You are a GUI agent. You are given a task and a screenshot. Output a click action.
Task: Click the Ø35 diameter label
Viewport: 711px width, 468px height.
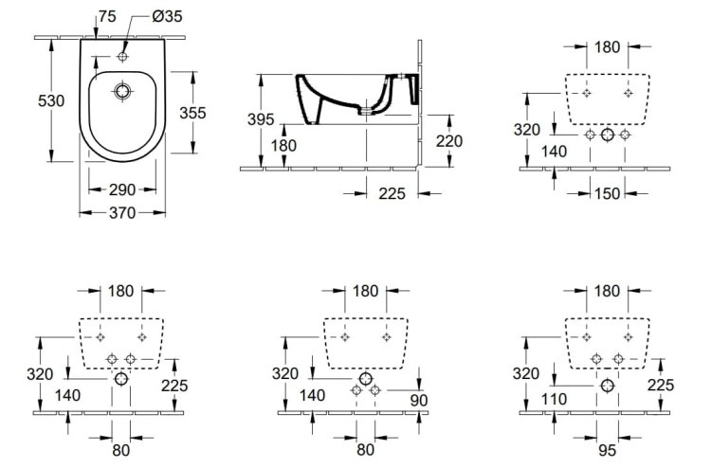click(167, 16)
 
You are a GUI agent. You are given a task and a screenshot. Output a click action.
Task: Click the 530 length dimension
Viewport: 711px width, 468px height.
click(51, 100)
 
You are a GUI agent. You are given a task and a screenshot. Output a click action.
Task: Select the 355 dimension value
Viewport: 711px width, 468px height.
click(192, 113)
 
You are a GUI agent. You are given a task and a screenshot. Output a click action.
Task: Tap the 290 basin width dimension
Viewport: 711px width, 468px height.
click(122, 189)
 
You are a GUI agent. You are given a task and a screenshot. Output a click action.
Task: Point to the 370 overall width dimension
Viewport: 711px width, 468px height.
click(122, 212)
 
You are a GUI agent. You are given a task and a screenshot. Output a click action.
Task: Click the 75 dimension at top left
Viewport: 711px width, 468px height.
click(107, 16)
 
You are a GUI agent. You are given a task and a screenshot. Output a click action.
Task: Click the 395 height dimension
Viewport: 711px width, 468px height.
click(261, 119)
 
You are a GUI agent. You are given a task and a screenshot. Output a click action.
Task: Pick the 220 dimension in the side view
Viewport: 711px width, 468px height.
click(449, 141)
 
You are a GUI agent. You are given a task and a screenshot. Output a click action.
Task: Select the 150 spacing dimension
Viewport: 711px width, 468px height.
click(607, 193)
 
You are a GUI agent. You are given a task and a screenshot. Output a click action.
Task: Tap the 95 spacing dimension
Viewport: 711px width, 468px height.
click(607, 450)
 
